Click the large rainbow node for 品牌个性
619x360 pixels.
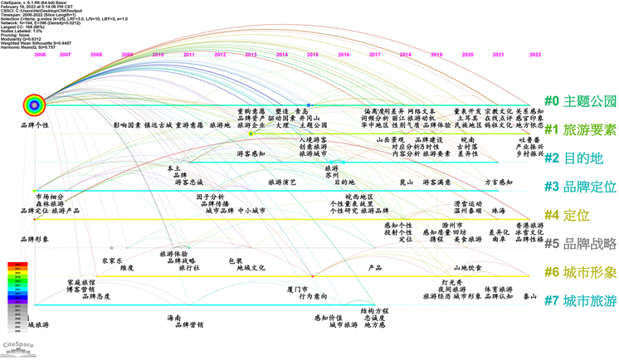click(x=34, y=105)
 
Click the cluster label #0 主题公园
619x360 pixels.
click(x=580, y=101)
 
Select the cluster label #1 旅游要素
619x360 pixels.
click(x=580, y=129)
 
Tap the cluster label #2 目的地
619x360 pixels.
click(x=573, y=158)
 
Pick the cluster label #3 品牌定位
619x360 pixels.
click(x=580, y=187)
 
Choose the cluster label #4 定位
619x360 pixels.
click(x=567, y=215)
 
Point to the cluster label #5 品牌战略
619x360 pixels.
click(x=580, y=244)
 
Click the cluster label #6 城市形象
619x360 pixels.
click(x=580, y=272)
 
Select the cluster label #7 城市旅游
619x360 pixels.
click(x=580, y=300)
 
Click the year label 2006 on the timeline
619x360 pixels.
click(x=39, y=55)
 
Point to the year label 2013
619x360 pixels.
click(x=251, y=55)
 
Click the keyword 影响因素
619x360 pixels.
click(x=127, y=126)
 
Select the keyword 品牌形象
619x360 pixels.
click(x=34, y=240)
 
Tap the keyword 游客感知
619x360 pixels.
click(x=251, y=154)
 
